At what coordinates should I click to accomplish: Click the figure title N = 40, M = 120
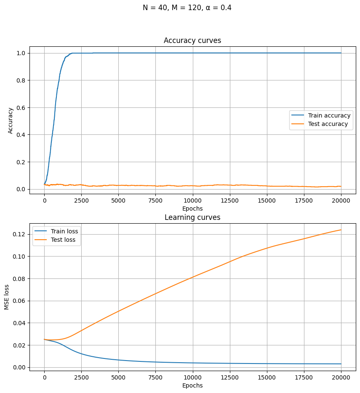187,8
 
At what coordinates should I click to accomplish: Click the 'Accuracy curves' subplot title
192,40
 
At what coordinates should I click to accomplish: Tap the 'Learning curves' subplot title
192,217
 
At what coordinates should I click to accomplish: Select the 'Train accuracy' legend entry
329,115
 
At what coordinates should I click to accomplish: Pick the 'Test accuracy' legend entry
328,124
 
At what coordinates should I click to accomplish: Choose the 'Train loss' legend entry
64,231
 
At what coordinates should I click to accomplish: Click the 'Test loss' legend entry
63,240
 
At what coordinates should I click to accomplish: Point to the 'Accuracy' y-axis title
11,120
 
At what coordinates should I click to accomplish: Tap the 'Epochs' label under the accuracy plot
192,209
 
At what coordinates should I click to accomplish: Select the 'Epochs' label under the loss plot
192,385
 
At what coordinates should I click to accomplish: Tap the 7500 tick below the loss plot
155,377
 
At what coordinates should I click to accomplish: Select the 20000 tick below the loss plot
341,377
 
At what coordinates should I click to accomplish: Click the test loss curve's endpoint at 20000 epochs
341,230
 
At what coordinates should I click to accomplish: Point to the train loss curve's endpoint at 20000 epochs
341,364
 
